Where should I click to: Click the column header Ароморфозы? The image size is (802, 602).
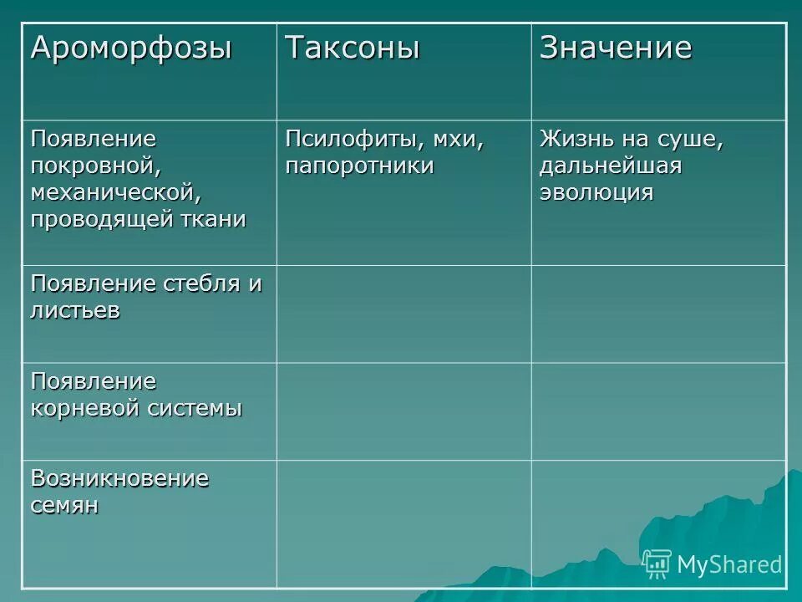131,48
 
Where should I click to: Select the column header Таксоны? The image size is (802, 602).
352,48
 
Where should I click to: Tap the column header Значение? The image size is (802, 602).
616,48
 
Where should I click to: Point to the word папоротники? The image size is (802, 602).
359,165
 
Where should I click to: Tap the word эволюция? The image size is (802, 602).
596,192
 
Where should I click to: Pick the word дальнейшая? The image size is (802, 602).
611,165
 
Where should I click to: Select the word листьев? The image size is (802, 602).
75,310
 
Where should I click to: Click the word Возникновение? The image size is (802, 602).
119,478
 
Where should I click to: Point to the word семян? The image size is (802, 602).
64,506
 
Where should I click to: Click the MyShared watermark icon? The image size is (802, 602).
657,564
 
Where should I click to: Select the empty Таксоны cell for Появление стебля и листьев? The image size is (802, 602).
404,314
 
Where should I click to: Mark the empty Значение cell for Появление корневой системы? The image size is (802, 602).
658,411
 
